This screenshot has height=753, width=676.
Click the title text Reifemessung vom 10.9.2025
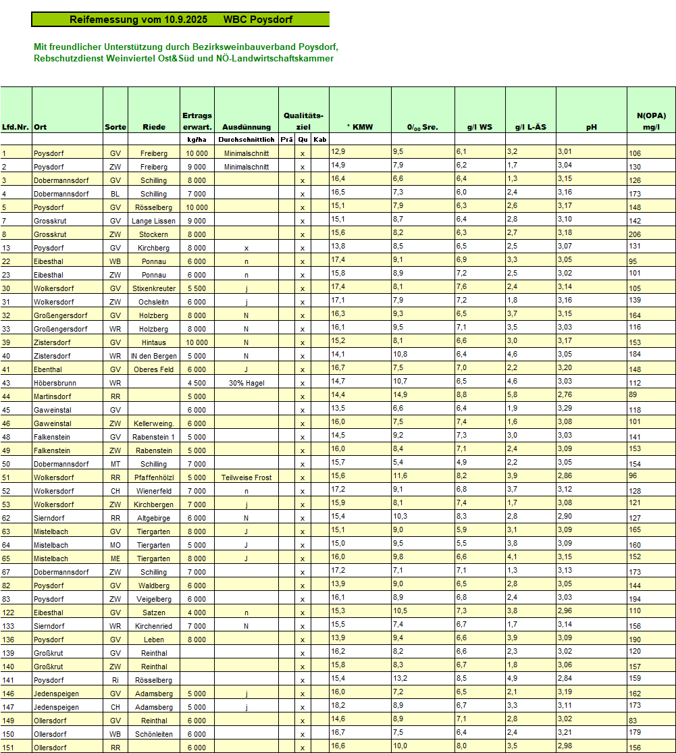[x=138, y=20]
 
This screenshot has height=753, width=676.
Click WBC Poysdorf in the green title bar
[x=257, y=20]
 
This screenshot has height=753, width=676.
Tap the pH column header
[x=591, y=127]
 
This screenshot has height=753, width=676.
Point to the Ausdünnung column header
[x=246, y=127]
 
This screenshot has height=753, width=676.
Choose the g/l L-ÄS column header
[x=530, y=127]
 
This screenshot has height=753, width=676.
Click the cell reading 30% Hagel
[x=246, y=383]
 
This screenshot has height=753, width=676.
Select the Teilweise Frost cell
[x=246, y=477]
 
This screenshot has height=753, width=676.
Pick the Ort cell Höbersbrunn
[x=55, y=383]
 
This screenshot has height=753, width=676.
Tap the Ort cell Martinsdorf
[x=52, y=396]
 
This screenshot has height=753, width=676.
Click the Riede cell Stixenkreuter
[x=154, y=288]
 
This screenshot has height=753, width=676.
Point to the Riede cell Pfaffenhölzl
[x=154, y=477]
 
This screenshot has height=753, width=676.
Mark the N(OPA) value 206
[x=635, y=234]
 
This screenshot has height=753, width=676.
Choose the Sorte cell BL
[x=115, y=194]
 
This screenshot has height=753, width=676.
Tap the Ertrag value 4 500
[x=197, y=383]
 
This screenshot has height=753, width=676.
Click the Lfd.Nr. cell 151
[x=8, y=748]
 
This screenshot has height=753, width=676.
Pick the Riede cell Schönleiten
[x=154, y=734]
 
